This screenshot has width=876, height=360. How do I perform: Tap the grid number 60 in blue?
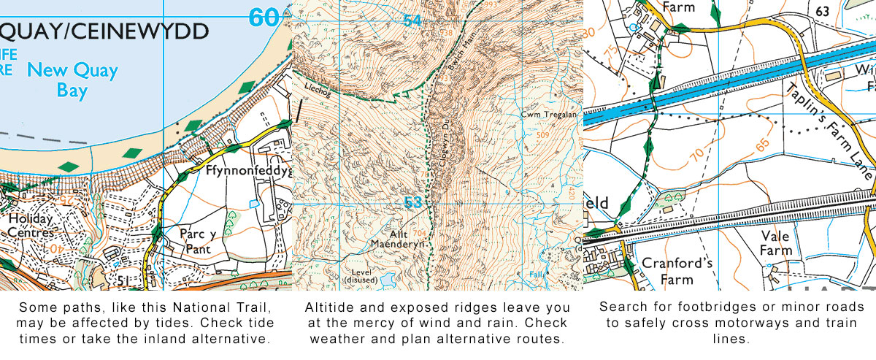click(264, 17)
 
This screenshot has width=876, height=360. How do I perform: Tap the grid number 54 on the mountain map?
click(412, 21)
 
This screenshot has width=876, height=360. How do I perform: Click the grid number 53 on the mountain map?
click(413, 202)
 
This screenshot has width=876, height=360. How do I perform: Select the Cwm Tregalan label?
click(545, 115)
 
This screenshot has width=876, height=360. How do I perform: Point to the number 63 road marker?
click(823, 11)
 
